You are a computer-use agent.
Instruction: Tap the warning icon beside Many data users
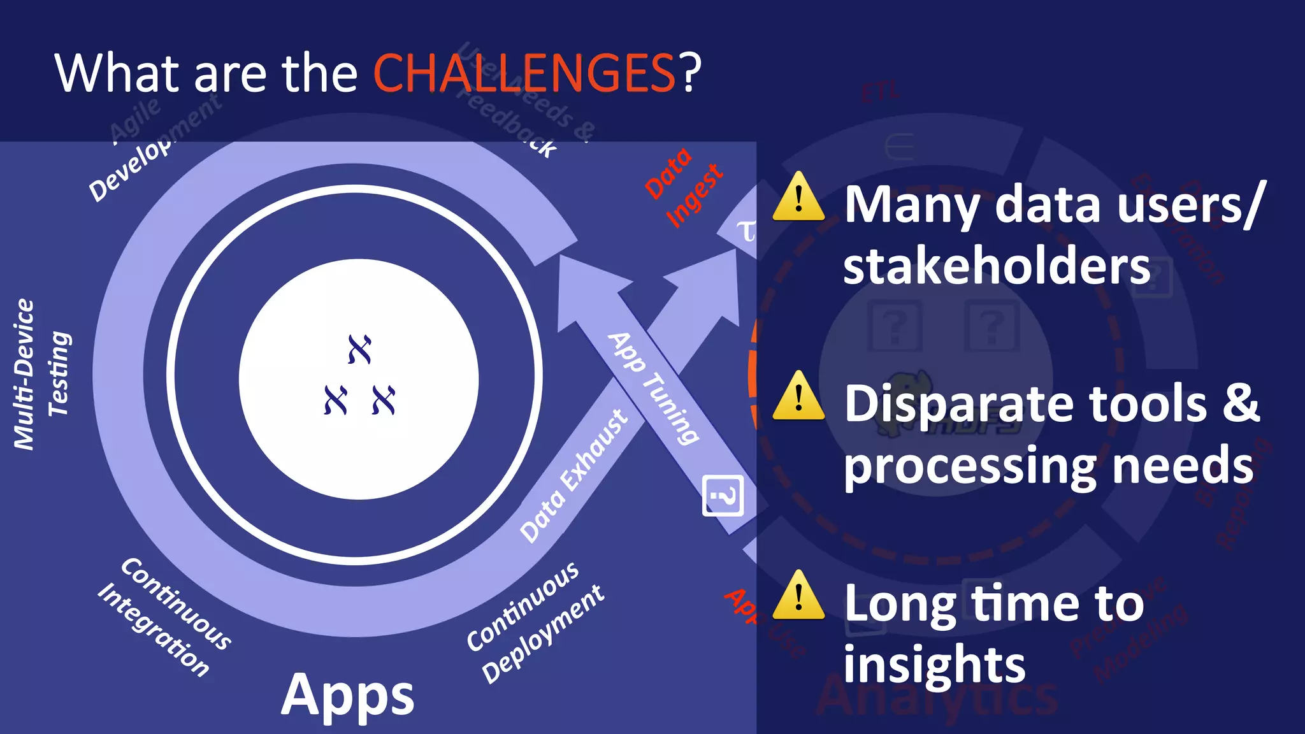(798, 198)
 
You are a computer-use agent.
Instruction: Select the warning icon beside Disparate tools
(798, 397)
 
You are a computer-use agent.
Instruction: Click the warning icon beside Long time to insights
(798, 596)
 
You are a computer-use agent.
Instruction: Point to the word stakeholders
(997, 266)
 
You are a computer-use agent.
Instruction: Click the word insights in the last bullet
(934, 665)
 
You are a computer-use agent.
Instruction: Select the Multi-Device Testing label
(41, 374)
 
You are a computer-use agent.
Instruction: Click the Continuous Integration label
(164, 616)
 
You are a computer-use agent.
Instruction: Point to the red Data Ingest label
(683, 185)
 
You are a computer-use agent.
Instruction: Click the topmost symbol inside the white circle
(359, 349)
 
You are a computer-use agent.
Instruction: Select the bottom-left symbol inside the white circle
(336, 400)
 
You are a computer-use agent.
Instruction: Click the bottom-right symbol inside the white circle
(384, 400)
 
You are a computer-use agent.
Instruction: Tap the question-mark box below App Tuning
(723, 495)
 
